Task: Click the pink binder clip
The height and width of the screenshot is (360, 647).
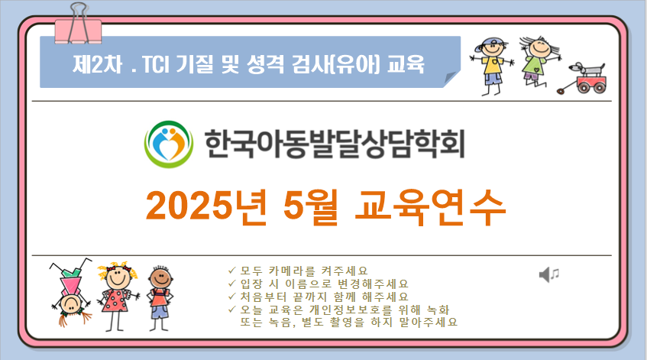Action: click(79, 25)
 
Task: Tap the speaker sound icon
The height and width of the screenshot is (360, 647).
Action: click(549, 274)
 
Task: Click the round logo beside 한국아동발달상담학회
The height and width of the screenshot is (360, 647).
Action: click(168, 144)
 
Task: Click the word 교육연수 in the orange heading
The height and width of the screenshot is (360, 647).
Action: click(430, 207)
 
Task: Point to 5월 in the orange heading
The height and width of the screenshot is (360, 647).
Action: click(310, 207)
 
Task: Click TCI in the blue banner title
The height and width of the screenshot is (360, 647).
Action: click(156, 64)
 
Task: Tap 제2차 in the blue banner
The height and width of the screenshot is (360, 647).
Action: click(97, 64)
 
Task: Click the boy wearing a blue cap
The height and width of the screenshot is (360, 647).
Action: click(493, 66)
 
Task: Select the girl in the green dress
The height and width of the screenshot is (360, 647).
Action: click(538, 60)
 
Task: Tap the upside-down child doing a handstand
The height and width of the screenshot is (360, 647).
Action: click(72, 292)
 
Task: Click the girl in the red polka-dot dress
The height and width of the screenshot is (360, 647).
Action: click(118, 296)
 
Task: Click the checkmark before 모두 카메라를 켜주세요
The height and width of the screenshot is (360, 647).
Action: click(231, 271)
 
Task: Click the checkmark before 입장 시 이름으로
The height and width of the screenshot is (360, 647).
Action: click(231, 284)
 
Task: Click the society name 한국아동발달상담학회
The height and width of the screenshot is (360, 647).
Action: click(335, 144)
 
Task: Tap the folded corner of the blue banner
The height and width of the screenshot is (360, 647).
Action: click(451, 79)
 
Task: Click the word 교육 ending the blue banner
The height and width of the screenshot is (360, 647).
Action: click(406, 64)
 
